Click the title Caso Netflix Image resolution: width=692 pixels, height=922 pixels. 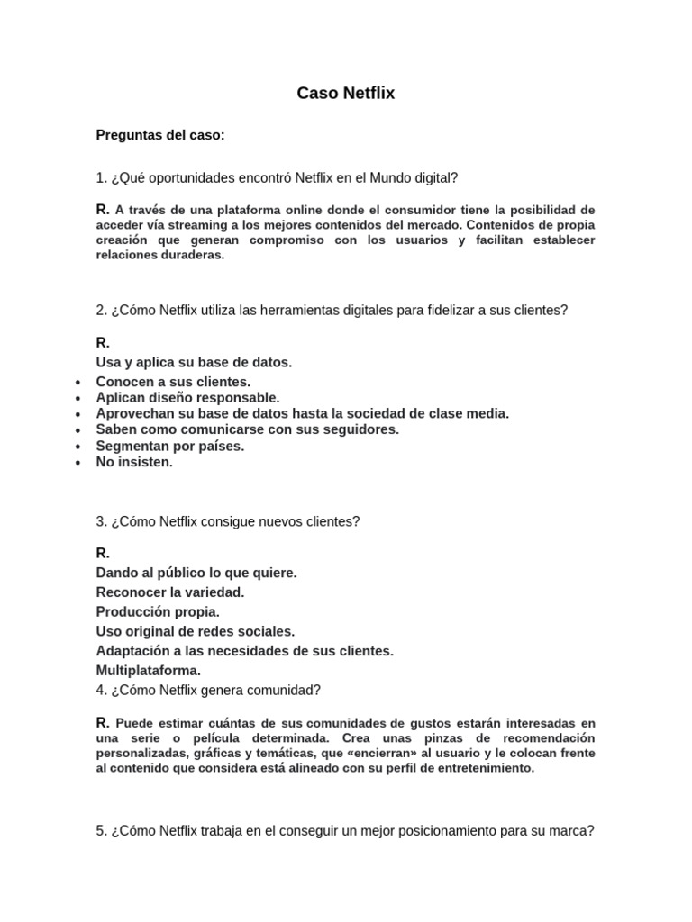pos(346,93)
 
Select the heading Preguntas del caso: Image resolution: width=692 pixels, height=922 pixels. pos(160,135)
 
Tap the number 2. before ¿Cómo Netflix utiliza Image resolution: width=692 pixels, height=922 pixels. pos(102,310)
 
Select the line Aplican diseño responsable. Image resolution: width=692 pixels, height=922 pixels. pos(187,397)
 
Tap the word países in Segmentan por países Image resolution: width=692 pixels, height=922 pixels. pos(220,446)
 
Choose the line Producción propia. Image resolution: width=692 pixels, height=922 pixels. pos(158,611)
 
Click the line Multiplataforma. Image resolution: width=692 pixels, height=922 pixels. pos(149,671)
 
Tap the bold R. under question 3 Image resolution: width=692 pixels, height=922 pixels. pos(103,553)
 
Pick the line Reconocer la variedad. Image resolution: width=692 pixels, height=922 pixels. pos(170,592)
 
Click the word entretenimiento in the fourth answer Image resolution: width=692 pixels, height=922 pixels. pos(487,768)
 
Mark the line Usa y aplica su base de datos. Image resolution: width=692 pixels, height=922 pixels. pos(194,362)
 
